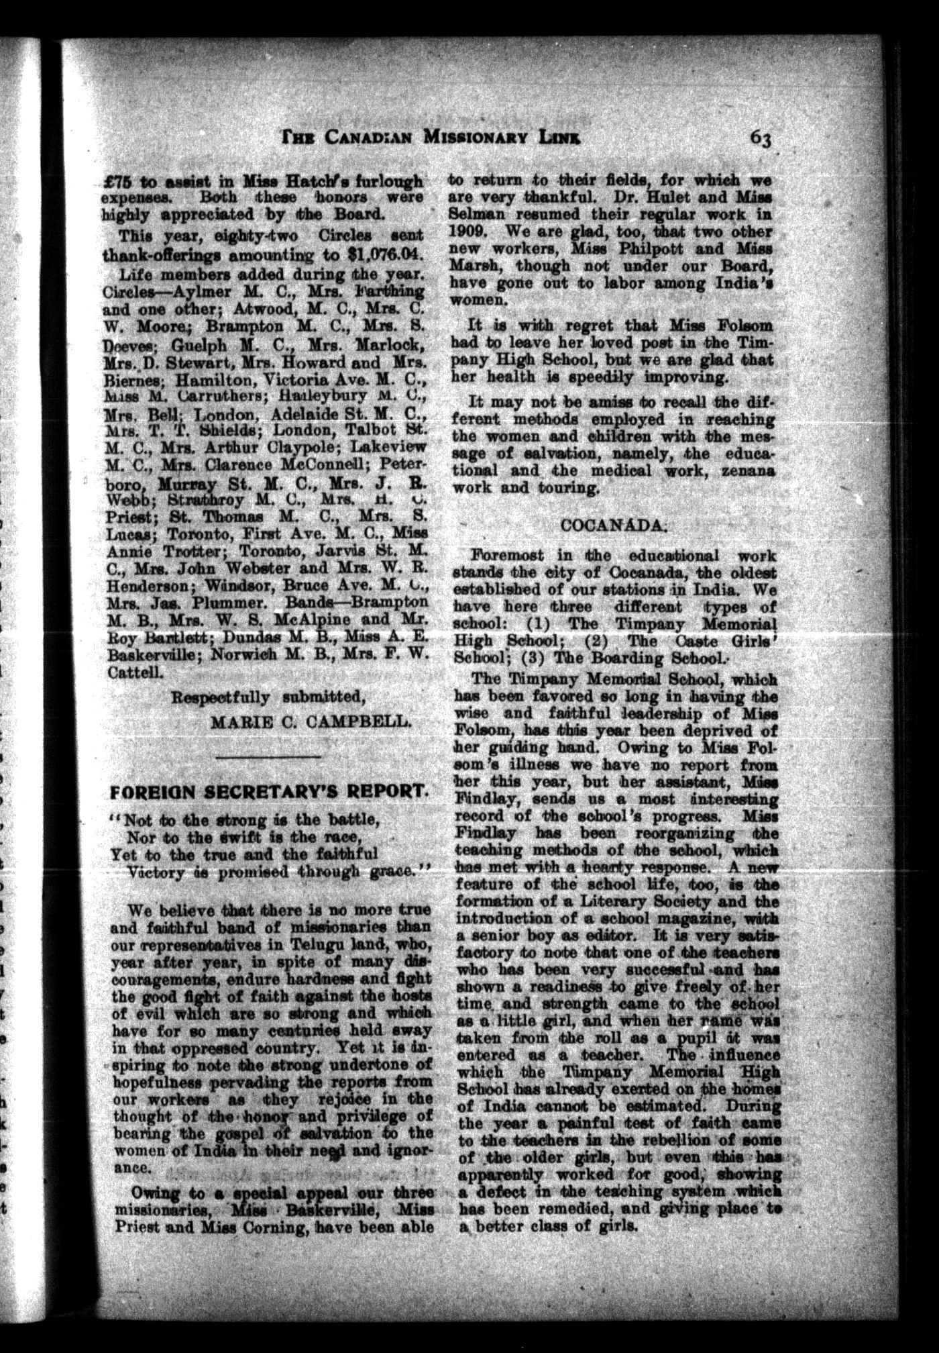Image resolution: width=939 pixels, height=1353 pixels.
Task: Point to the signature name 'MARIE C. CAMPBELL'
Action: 310,722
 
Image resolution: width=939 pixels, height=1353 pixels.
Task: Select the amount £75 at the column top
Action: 117,181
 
